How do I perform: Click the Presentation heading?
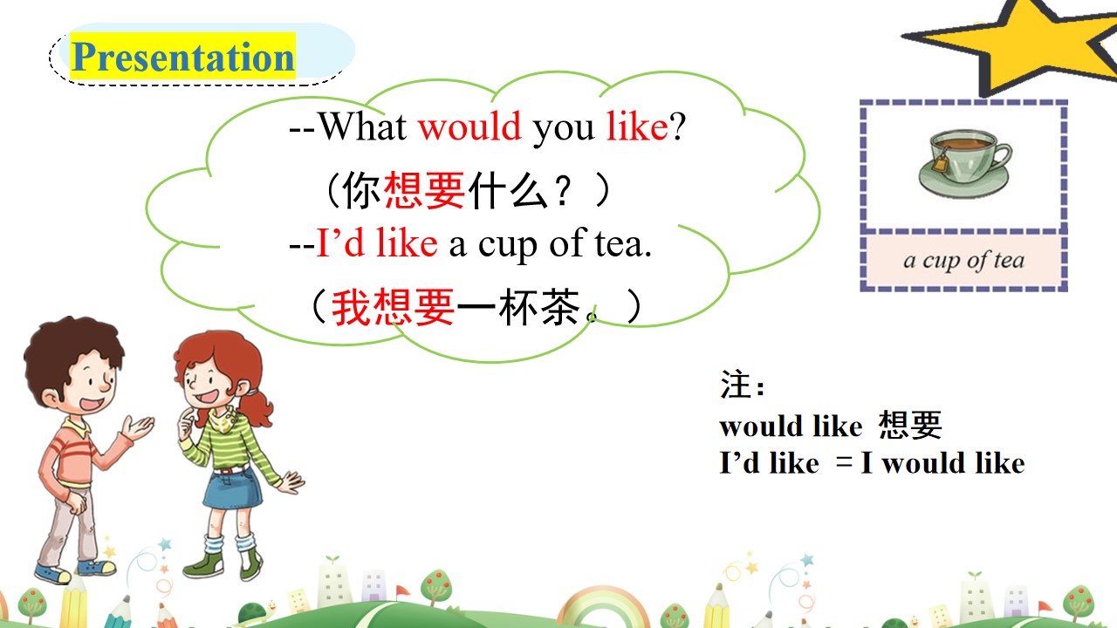tap(183, 57)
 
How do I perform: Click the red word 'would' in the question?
tap(469, 126)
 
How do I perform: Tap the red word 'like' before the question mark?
tap(637, 126)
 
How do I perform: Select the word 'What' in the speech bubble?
tap(362, 126)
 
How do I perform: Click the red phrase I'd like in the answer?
tap(377, 242)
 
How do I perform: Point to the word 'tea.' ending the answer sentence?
tap(623, 243)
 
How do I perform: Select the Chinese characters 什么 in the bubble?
tap(508, 190)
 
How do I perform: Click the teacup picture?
tap(964, 163)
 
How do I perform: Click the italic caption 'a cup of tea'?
tap(964, 260)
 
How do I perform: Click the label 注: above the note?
tap(742, 385)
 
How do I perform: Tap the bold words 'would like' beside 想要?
tap(791, 427)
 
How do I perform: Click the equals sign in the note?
tap(844, 462)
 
